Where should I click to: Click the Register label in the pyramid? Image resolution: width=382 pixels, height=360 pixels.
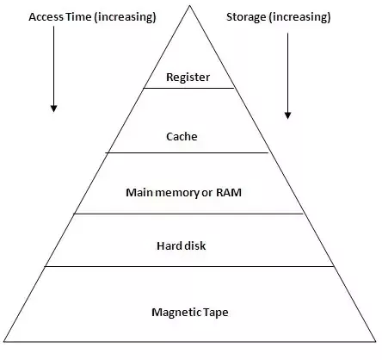pos(188,78)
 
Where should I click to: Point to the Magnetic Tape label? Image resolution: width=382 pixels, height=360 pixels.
pos(188,312)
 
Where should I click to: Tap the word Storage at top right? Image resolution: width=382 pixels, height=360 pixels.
pos(246,16)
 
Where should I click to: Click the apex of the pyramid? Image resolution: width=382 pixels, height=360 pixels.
pos(188,6)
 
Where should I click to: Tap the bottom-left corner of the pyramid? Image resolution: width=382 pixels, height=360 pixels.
pos(3,343)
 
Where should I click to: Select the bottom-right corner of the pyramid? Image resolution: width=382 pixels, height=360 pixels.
pos(376,343)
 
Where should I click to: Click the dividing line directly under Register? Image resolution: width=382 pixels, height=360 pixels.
pos(188,88)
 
